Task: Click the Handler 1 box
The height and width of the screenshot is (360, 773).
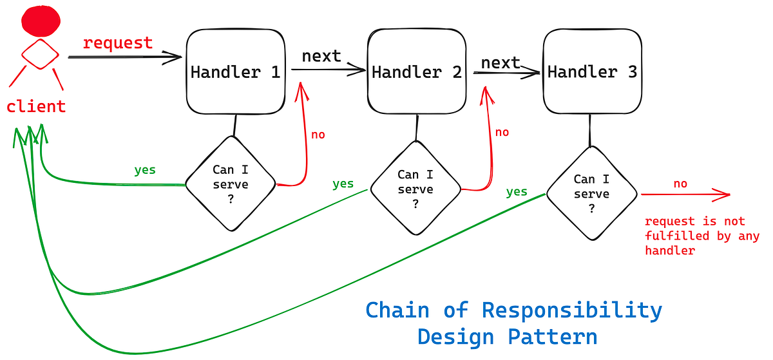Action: (236, 72)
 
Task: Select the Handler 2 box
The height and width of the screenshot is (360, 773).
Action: (417, 72)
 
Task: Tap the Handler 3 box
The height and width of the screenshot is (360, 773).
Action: (592, 72)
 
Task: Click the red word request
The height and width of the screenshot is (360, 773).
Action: (118, 43)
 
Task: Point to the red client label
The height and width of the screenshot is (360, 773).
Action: (36, 106)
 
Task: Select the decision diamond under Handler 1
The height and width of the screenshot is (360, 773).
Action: (231, 184)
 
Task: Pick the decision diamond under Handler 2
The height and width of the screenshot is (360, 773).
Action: (415, 189)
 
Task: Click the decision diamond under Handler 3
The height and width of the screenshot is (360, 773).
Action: (591, 194)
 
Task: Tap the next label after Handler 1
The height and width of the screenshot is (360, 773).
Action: (321, 56)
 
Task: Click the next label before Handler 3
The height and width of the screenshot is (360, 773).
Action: (501, 62)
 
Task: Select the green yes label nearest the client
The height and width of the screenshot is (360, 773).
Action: (145, 171)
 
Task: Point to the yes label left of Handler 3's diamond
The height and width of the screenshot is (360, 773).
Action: (517, 192)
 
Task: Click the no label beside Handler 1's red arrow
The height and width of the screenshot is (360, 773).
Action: (318, 135)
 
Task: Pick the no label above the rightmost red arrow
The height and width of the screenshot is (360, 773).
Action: (680, 184)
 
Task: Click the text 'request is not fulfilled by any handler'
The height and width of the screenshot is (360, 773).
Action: (702, 236)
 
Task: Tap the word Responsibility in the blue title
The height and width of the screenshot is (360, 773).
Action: (572, 310)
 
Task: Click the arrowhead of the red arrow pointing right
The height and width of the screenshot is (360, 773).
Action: (724, 194)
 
